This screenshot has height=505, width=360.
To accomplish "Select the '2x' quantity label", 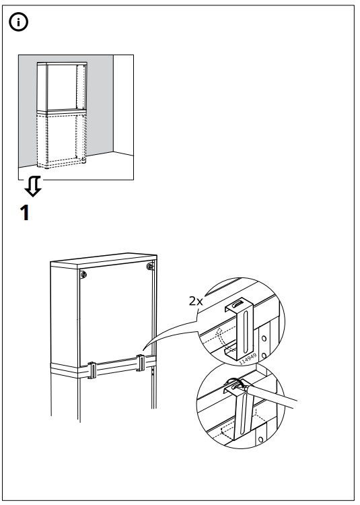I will [196, 302].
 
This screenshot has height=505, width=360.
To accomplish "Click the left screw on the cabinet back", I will [83, 275].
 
